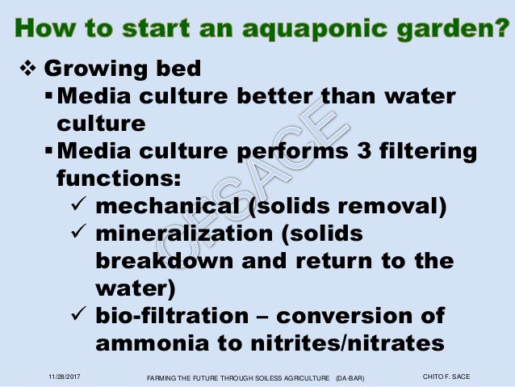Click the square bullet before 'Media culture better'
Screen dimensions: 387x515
(49, 97)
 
